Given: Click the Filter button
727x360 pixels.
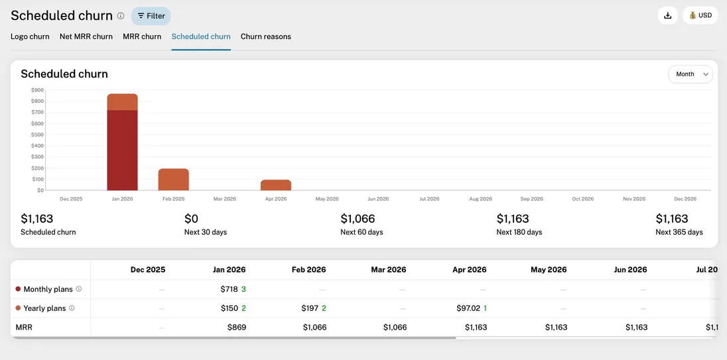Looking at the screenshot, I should click(151, 16).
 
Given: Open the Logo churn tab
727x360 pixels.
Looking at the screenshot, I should click(30, 36).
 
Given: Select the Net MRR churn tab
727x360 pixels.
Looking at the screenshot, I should click(86, 36).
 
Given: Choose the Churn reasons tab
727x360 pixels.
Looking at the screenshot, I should click(265, 36).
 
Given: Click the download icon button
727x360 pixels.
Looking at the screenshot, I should click(667, 15).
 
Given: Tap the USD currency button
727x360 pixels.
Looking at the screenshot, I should click(700, 15).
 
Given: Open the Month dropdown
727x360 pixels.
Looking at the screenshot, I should click(690, 74).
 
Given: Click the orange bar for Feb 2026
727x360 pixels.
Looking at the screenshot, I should click(174, 180).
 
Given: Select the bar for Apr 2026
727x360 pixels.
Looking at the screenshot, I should click(276, 185).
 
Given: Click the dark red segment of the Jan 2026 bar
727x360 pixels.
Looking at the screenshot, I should click(123, 150).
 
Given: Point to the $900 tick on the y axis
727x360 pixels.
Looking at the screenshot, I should click(37, 90).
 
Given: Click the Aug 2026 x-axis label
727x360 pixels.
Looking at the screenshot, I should click(480, 199).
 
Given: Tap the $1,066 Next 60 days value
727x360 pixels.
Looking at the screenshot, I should click(358, 219).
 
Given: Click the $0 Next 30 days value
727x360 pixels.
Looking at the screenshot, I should click(191, 219).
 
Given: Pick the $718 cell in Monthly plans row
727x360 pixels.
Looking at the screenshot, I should click(229, 289).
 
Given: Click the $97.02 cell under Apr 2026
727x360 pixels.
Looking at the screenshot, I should click(468, 308).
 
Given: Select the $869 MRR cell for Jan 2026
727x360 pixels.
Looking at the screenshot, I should click(236, 328).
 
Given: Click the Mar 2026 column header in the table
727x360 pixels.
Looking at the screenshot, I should click(388, 270).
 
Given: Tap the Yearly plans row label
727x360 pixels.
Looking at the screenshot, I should click(44, 308).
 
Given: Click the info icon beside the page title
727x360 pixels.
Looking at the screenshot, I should click(121, 16).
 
